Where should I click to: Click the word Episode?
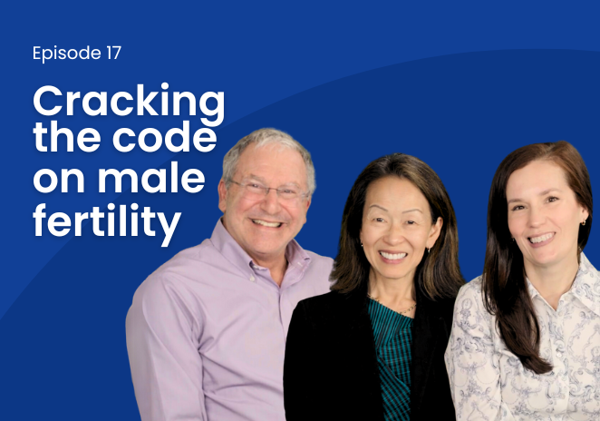65,54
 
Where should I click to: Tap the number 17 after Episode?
111,53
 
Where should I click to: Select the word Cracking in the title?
129,103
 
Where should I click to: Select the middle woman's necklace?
392,305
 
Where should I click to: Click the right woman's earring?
583,221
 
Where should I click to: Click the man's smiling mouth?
267,222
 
